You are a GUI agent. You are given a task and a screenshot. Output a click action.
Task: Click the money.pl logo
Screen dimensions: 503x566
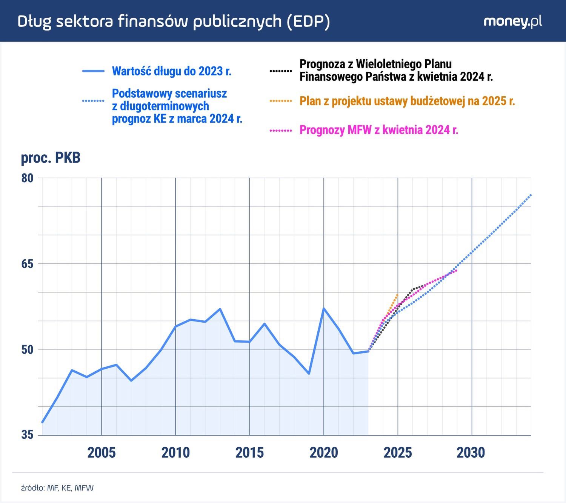point(512,22)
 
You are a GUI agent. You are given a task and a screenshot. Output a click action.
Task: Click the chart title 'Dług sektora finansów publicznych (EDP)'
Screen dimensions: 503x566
point(174,22)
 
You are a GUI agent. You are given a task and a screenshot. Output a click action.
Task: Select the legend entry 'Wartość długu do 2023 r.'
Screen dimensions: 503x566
point(171,71)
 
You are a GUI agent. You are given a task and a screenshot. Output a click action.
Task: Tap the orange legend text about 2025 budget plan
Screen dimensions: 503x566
point(407,101)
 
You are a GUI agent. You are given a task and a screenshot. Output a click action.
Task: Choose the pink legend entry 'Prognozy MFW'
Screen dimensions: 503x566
point(378,130)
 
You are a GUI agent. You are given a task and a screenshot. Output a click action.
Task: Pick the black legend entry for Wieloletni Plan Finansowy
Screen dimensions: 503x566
point(396,71)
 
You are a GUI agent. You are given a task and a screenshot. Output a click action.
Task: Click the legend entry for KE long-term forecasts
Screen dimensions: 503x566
point(177,106)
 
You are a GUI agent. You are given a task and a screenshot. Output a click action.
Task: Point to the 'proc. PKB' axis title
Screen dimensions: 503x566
point(51,158)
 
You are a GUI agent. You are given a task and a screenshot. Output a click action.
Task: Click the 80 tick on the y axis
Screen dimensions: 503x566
point(27,178)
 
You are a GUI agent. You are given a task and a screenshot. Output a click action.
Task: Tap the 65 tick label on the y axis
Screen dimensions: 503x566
point(27,264)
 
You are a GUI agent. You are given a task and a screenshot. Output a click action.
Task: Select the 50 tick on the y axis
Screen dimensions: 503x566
point(27,349)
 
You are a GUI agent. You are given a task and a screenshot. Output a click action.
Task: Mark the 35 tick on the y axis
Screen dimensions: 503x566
point(27,435)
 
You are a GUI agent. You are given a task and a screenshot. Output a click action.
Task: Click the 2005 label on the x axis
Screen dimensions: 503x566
point(102,452)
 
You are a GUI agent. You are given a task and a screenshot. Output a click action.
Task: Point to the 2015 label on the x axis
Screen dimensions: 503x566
point(249,452)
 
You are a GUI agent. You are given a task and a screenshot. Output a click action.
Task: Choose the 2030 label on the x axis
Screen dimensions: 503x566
point(471,452)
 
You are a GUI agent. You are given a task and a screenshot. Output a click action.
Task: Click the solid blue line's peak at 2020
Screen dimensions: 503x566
point(324,308)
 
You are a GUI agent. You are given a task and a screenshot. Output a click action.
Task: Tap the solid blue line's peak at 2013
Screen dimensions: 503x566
point(220,309)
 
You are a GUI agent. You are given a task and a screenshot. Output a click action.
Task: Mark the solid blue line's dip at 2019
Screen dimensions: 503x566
point(309,374)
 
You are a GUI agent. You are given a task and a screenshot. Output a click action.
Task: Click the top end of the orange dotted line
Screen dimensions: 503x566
point(398,294)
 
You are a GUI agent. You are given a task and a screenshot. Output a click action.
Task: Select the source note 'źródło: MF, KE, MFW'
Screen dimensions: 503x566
point(57,488)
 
